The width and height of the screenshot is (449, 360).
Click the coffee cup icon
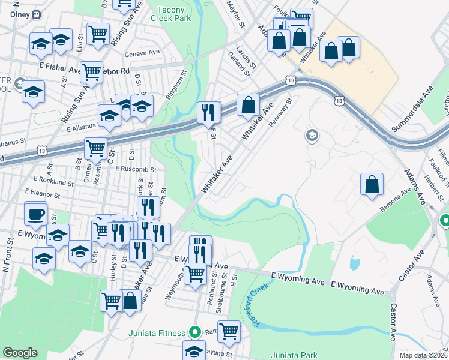pos(36,214)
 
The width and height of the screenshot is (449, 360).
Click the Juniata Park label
pos(294,355)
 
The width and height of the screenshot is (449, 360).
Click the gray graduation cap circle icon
pos(312,136)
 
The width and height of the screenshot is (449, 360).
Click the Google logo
pos(20,353)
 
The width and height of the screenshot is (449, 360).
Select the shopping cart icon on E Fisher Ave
pos(92,72)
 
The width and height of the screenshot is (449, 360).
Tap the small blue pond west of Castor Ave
pos(353,262)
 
